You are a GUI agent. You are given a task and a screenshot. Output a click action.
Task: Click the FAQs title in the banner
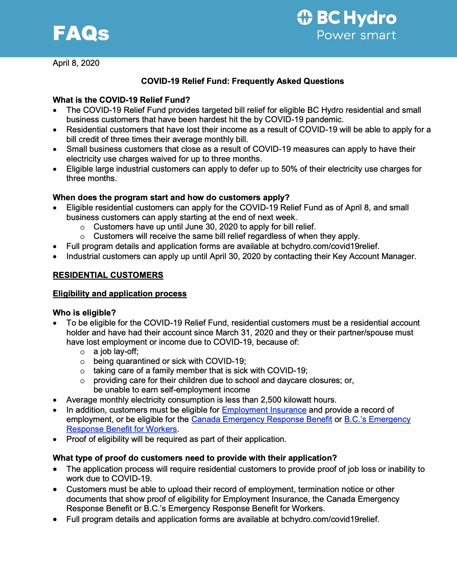click(81, 33)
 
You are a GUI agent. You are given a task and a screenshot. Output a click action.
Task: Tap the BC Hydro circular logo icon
click(305, 17)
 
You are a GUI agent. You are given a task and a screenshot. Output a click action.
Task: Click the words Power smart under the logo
click(356, 35)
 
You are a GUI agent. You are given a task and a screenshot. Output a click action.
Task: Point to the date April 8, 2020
click(76, 63)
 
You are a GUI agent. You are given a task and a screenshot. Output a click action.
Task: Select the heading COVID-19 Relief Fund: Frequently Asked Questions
click(242, 81)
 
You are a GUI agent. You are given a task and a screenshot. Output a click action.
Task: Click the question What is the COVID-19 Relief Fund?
click(121, 100)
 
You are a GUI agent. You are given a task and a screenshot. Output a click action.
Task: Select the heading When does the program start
click(171, 197)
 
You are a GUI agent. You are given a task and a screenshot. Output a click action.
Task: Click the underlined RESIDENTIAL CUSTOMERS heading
click(108, 275)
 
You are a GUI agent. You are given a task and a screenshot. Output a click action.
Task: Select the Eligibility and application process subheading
click(119, 294)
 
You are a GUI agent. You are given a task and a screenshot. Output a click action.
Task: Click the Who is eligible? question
click(84, 313)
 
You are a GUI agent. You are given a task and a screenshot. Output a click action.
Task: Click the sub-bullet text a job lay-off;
click(116, 351)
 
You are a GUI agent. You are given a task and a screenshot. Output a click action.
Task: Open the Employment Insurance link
click(264, 410)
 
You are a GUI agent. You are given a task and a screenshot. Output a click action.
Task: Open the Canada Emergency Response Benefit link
click(262, 419)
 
